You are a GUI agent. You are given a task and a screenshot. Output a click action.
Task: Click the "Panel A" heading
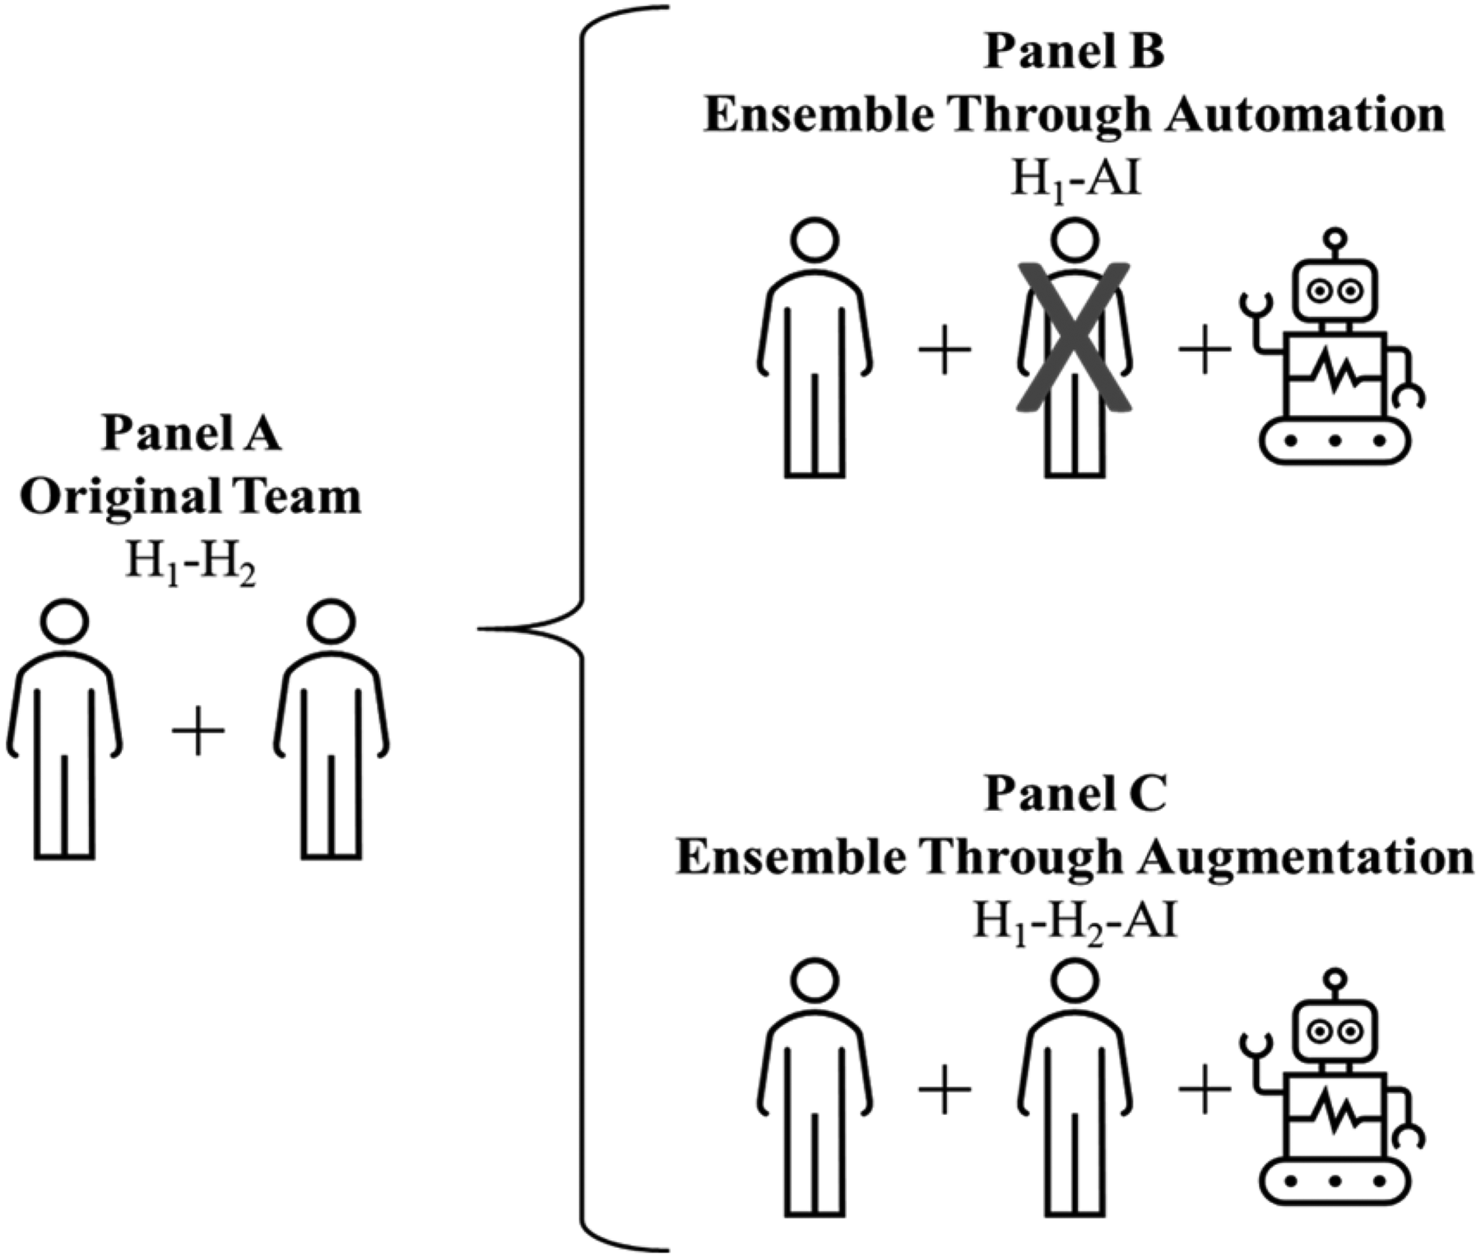pyautogui.click(x=191, y=433)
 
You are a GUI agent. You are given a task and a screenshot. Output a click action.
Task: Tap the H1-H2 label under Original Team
pyautogui.click(x=191, y=564)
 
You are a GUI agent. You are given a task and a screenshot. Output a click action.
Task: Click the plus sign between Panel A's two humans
pyautogui.click(x=198, y=730)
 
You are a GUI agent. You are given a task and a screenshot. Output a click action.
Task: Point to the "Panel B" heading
pyautogui.click(x=1074, y=52)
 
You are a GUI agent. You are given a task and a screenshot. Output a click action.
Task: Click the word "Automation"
pyautogui.click(x=1305, y=116)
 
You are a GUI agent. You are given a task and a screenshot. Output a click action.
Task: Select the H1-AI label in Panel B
pyautogui.click(x=1075, y=181)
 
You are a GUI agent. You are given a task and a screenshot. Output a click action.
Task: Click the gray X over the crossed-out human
pyautogui.click(x=1074, y=336)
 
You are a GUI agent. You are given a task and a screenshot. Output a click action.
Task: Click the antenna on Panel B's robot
pyautogui.click(x=1335, y=244)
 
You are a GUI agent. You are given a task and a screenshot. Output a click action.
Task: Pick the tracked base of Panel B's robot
pyautogui.click(x=1335, y=441)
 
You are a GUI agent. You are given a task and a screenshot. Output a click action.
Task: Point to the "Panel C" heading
pyautogui.click(x=1075, y=794)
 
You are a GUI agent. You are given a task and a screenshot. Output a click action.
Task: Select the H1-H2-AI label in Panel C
pyautogui.click(x=1075, y=924)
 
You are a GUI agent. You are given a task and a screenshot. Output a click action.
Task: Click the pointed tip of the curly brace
pyautogui.click(x=480, y=629)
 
